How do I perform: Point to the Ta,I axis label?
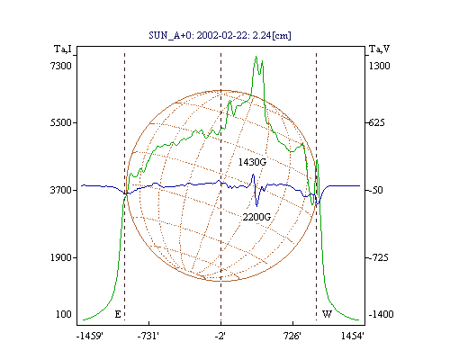point(63,49)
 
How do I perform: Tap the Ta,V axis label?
point(379,49)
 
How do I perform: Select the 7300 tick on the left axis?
point(61,66)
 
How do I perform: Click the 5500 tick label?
point(61,122)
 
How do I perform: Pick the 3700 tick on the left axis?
point(61,190)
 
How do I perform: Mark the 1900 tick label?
point(61,257)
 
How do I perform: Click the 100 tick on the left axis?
point(64,314)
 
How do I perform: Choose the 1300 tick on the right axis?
point(379,66)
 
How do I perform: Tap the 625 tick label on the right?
point(376,122)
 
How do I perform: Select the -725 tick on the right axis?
point(377,257)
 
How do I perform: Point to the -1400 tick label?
point(381,314)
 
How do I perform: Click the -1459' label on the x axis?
point(90,336)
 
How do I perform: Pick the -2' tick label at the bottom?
point(220,336)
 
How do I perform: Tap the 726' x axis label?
point(292,336)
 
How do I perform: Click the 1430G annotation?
point(252,162)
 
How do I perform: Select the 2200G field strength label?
point(256,217)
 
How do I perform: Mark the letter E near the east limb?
point(118,314)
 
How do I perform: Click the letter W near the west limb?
point(327,314)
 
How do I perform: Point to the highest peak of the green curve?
point(256,56)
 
